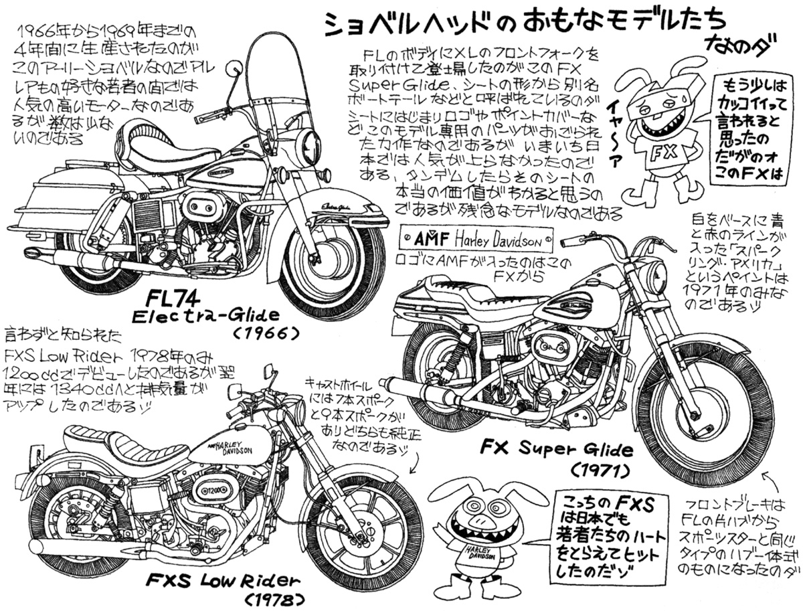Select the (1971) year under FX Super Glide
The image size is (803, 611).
pos(601,470)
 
